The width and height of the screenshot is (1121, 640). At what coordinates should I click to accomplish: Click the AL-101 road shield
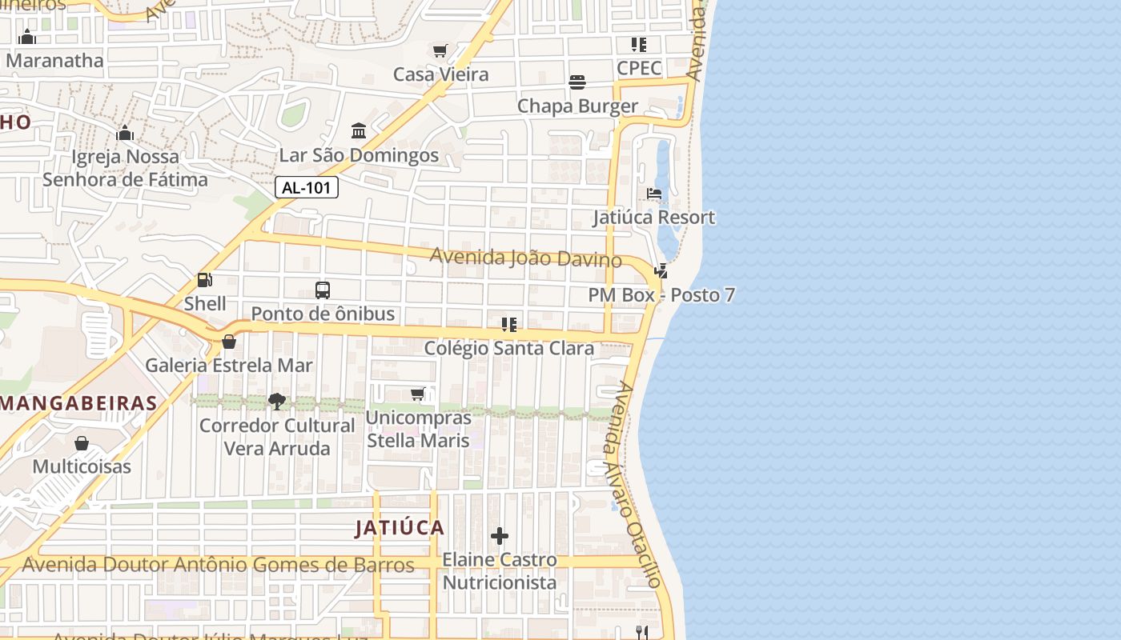[307, 188]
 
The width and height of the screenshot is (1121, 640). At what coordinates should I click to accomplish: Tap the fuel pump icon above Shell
[205, 280]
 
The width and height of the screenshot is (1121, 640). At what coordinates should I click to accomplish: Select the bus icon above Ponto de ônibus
[323, 290]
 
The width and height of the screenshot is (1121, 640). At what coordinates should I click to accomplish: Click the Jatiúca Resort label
[653, 218]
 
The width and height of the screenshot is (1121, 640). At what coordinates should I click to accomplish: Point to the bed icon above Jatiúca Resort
[654, 194]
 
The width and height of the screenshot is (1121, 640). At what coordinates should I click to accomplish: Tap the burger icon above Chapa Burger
[577, 82]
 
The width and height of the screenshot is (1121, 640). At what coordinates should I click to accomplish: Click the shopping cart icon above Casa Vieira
[440, 51]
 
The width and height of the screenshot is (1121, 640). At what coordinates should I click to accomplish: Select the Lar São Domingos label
[359, 155]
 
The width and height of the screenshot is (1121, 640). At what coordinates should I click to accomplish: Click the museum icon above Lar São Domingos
[359, 130]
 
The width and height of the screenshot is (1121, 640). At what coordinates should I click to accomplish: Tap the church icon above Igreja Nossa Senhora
[125, 133]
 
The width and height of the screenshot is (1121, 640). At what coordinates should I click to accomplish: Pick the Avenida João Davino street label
[525, 258]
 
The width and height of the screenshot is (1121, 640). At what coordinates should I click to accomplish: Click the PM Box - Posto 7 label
[661, 295]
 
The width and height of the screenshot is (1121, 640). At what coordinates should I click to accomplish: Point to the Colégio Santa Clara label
[509, 349]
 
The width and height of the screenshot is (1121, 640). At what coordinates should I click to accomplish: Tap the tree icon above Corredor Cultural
[277, 401]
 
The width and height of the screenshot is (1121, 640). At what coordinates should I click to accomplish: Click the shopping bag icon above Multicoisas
[82, 443]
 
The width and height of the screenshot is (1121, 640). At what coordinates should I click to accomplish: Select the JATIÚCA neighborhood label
[400, 528]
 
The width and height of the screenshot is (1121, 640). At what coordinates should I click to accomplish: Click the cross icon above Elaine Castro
[500, 536]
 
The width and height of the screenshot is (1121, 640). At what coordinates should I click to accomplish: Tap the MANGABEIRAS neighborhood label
[78, 403]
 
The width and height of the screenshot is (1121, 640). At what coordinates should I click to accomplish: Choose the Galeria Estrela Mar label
[229, 366]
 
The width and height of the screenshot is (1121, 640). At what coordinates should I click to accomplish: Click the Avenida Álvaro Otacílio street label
[635, 484]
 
